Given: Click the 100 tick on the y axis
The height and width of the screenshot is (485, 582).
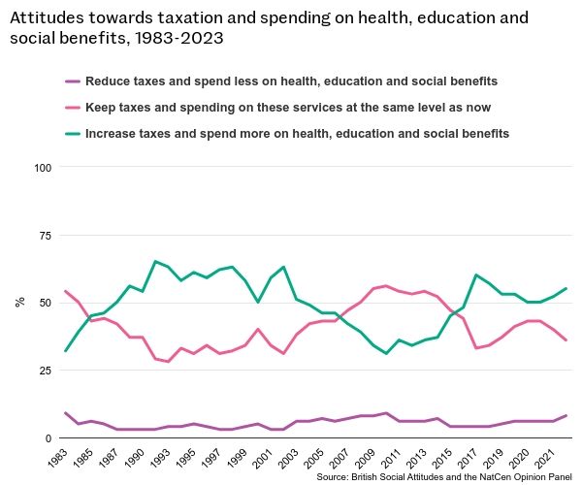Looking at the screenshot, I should (42, 168).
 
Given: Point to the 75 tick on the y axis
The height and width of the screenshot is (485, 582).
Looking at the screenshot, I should (45, 236).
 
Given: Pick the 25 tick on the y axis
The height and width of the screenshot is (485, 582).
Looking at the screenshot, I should (45, 371).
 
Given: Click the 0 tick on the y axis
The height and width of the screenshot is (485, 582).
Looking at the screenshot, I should (48, 438).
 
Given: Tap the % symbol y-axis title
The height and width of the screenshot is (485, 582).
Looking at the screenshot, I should (19, 303).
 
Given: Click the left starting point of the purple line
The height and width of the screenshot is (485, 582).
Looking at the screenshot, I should (65, 413).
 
